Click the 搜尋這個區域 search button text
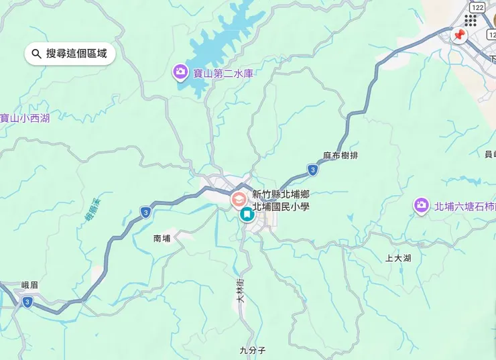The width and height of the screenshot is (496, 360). coord(76,54)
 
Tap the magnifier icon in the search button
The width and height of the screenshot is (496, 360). coord(36,54)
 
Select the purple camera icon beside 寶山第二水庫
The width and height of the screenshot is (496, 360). coord(180,71)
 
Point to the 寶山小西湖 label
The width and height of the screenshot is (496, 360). coord(25,119)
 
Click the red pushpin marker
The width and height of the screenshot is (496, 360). coord(459,36)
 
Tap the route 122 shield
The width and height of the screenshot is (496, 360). coord(477,7)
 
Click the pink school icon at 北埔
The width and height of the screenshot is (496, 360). coord(238,199)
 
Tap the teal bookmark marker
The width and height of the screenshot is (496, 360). coord(247,215)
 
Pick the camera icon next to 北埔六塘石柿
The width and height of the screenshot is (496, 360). coord(421,206)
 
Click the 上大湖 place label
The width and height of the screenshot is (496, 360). coord(398,258)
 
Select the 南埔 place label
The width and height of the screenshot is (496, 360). coord(162,238)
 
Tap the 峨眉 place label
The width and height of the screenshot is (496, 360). coord(29,285)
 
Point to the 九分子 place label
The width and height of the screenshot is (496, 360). coord(253,350)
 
